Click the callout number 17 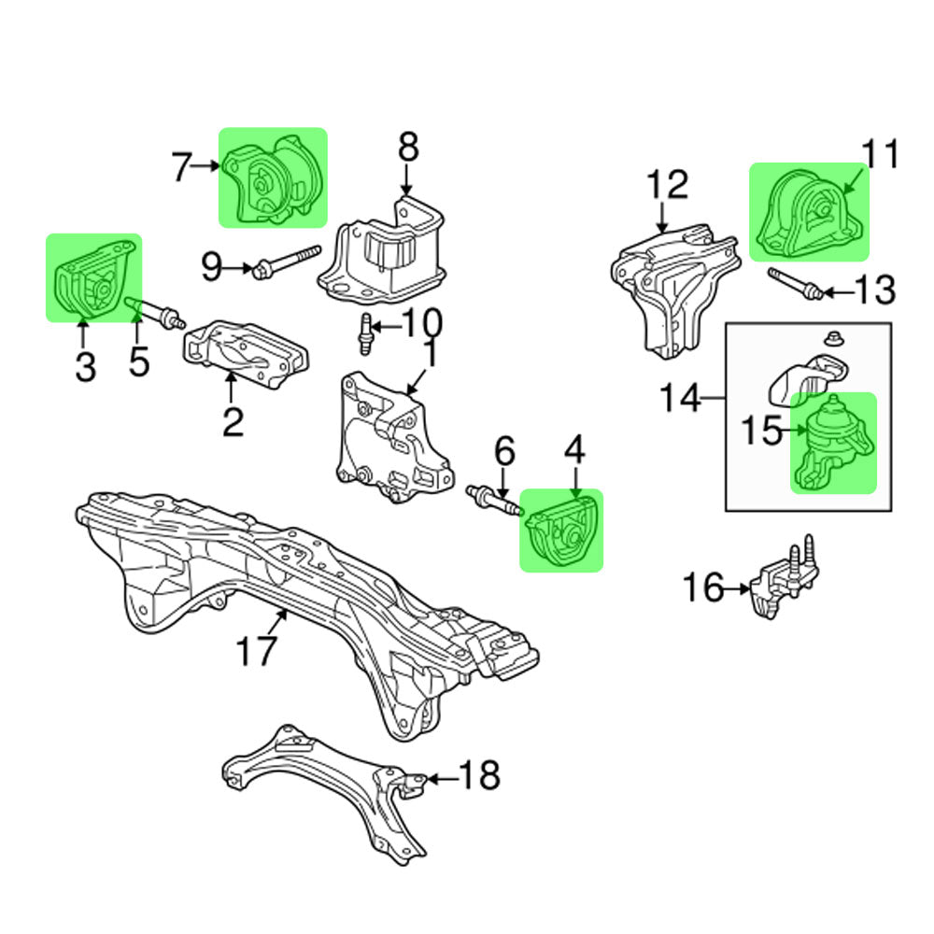(256, 650)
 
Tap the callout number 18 (479, 775)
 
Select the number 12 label (666, 184)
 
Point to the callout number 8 (408, 148)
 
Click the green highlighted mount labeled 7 (274, 178)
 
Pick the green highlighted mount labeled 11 (809, 213)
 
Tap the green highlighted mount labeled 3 (93, 278)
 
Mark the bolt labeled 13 (795, 283)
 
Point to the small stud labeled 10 (366, 333)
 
